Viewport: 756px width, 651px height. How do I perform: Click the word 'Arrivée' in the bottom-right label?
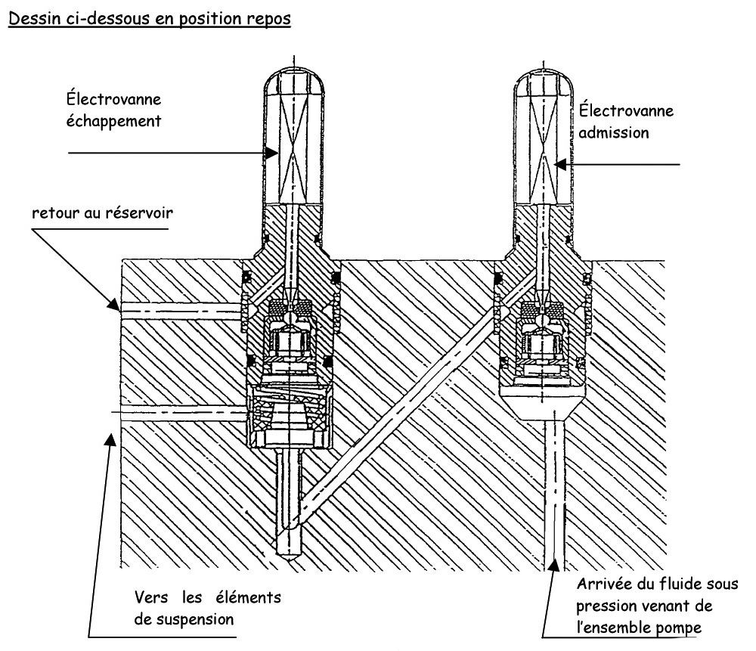[601, 584]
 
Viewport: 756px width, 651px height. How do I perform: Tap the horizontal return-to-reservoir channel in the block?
[181, 307]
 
